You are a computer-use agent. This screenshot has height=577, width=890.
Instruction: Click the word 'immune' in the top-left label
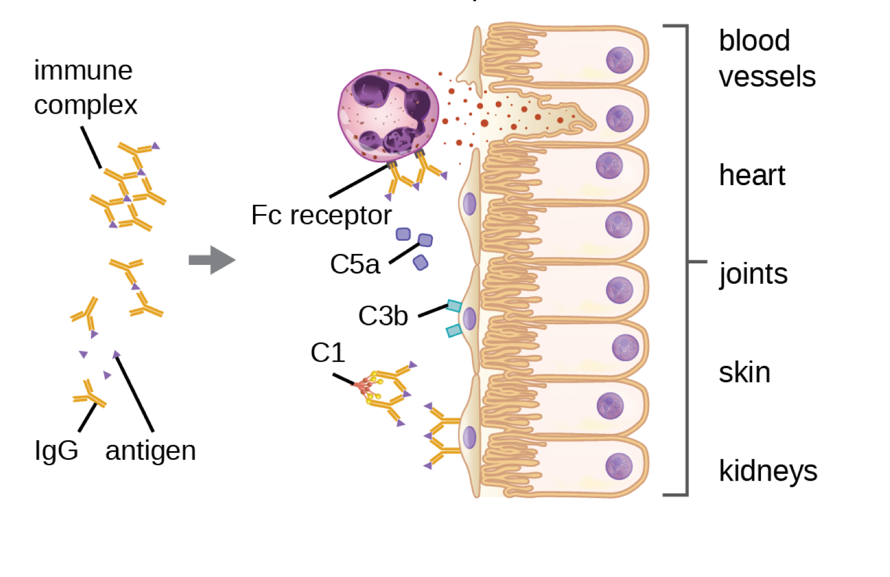tap(83, 71)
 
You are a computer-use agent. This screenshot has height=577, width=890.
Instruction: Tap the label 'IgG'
tap(56, 450)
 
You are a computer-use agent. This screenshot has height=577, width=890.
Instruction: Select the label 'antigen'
tap(150, 451)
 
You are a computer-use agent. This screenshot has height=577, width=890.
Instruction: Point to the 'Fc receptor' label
tap(321, 215)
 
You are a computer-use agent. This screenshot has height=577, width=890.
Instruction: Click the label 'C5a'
tap(355, 265)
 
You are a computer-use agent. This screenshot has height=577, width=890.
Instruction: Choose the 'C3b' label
tap(383, 316)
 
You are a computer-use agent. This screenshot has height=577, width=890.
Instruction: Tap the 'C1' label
tap(327, 353)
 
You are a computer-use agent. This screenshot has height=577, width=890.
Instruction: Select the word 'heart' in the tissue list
tap(752, 175)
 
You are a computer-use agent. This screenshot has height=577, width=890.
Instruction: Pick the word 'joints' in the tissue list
tap(753, 274)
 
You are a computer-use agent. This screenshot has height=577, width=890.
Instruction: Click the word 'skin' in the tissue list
tap(744, 373)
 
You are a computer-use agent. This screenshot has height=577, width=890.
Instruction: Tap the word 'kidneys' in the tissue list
tap(768, 471)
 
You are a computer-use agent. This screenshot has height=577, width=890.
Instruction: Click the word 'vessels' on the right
tap(767, 77)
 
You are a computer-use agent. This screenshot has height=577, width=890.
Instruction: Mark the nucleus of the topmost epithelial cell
tap(620, 60)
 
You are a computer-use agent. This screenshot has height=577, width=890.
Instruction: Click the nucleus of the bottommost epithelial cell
tap(619, 466)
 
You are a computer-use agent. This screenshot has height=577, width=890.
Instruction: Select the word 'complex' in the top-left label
tap(85, 106)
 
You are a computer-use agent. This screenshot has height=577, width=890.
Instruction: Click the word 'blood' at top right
tap(754, 41)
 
